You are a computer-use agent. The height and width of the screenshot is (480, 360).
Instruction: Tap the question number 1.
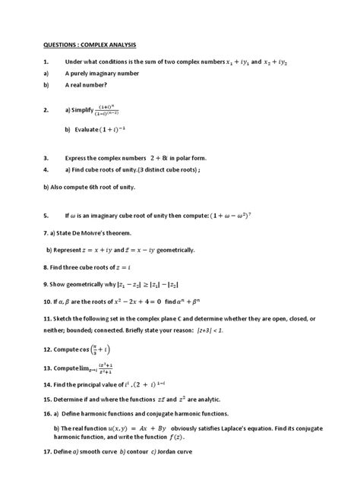point(46,62)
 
